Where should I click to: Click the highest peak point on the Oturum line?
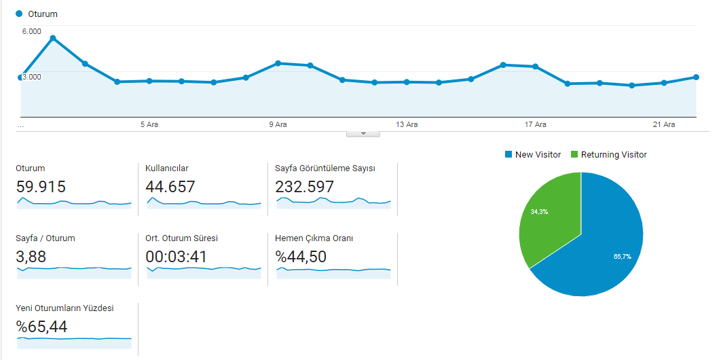[53, 38]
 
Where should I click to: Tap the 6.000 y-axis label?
[31, 31]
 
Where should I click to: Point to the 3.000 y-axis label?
[31, 76]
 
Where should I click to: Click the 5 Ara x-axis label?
[149, 124]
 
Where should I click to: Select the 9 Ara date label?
[278, 124]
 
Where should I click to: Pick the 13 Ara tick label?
[407, 124]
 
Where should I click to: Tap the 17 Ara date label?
[536, 124]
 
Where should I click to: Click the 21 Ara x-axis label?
[664, 124]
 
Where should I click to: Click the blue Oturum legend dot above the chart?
[19, 14]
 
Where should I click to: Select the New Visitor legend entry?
[533, 155]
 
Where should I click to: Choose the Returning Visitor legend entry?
[609, 155]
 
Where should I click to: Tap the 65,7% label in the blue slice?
[622, 257]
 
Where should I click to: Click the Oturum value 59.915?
[41, 187]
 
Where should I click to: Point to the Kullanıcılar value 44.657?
[170, 187]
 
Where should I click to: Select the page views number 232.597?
[304, 187]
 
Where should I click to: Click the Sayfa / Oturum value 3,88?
[31, 257]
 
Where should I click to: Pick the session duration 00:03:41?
[176, 257]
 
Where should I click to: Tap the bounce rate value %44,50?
[301, 257]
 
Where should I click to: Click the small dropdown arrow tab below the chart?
[363, 134]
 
